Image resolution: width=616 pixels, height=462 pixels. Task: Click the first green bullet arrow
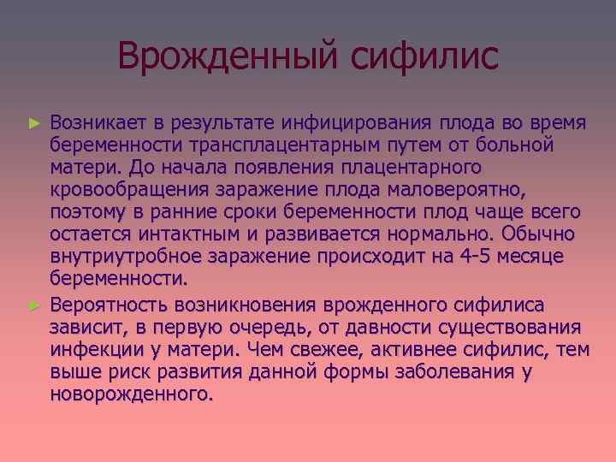pyautogui.click(x=34, y=123)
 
